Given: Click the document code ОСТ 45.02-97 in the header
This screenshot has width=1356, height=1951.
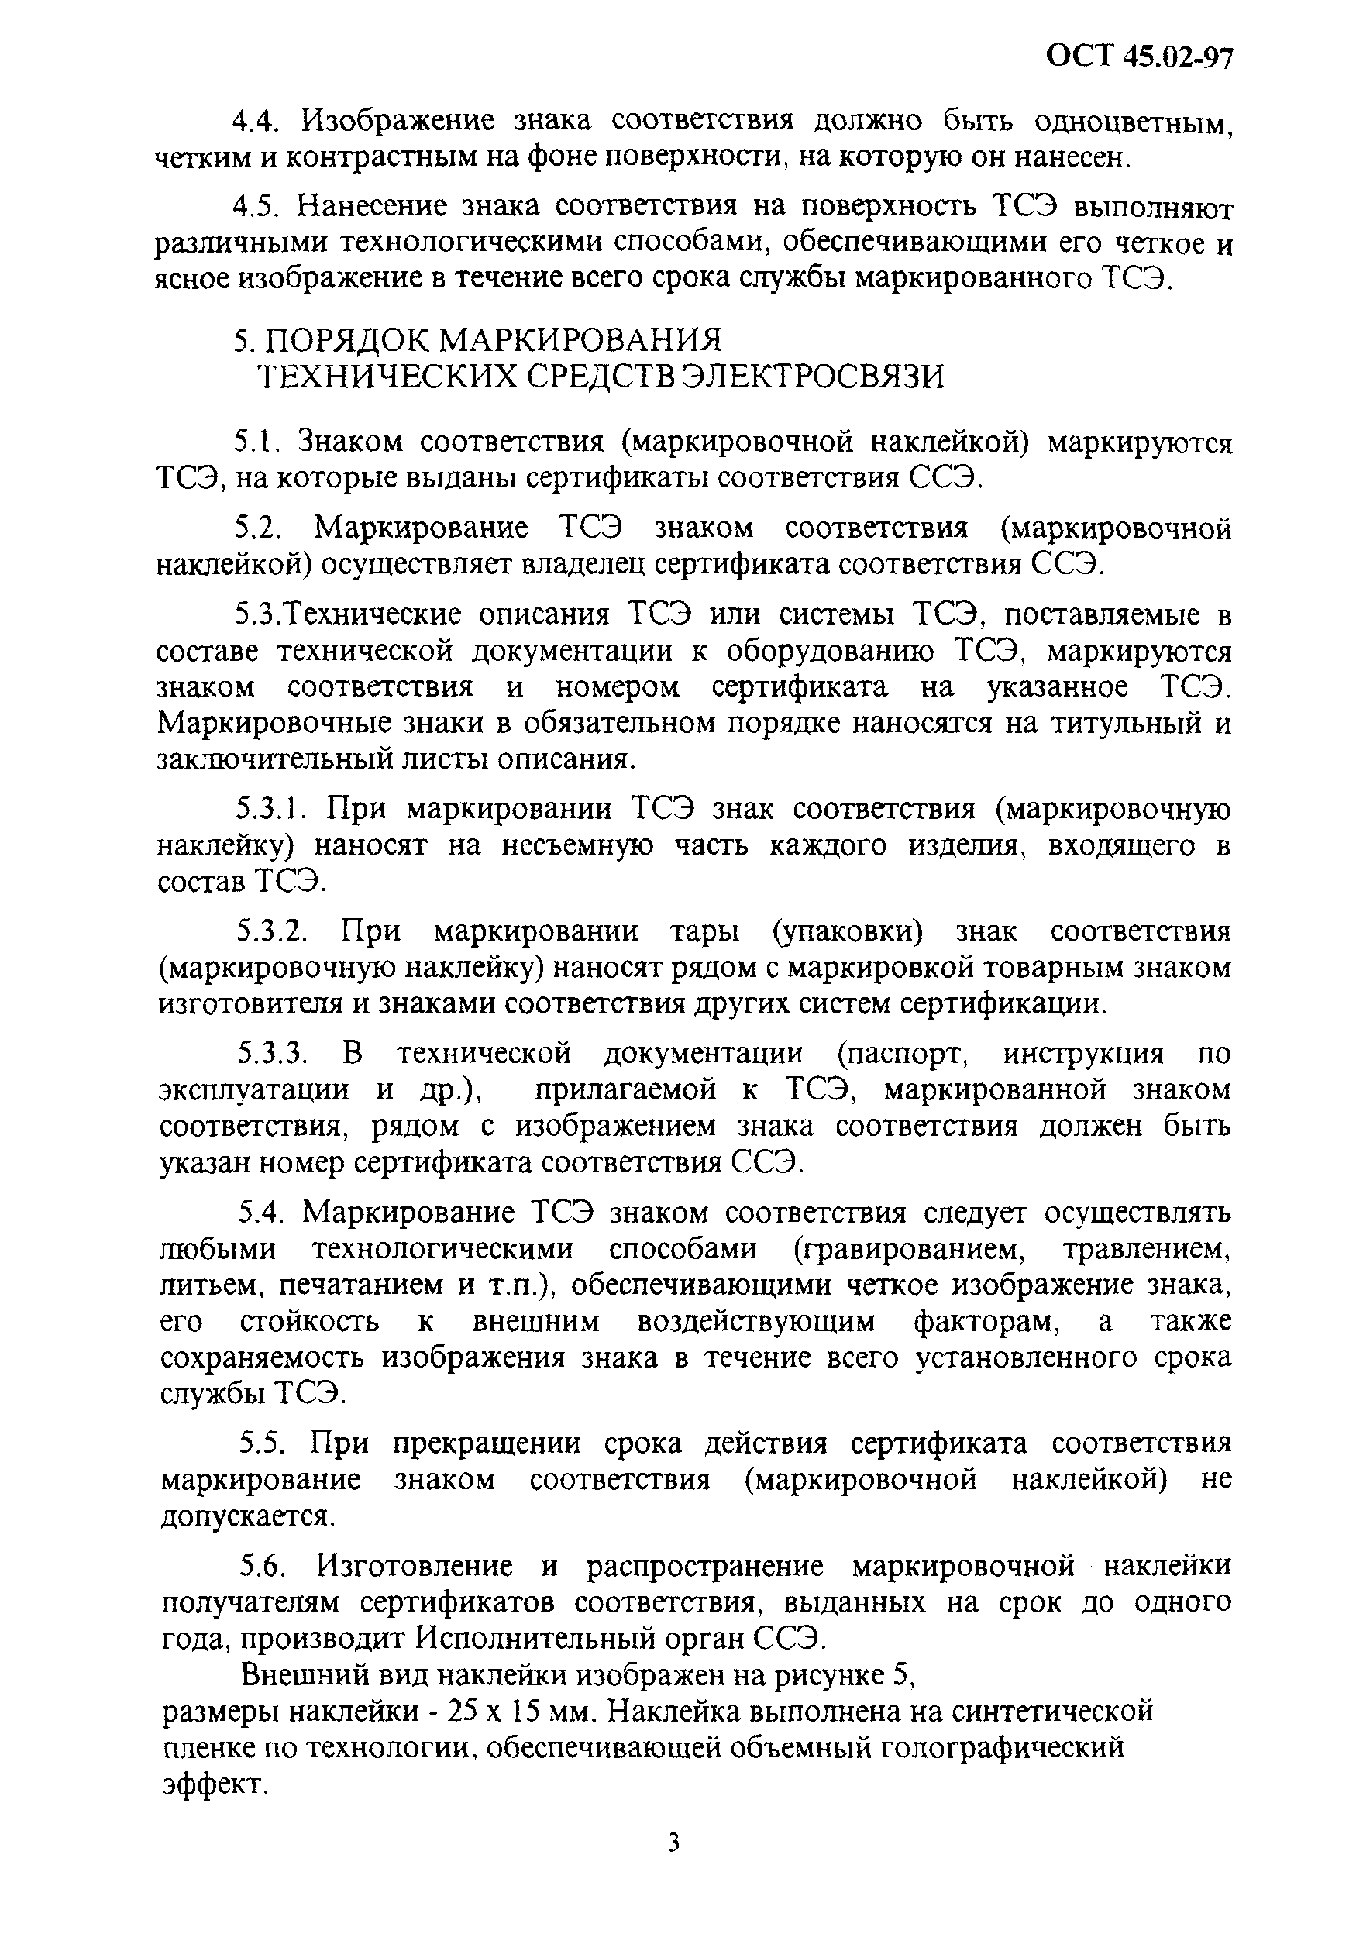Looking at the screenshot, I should pyautogui.click(x=1139, y=56).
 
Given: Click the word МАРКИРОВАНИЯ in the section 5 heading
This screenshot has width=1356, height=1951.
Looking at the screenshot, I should pyautogui.click(x=582, y=339).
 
